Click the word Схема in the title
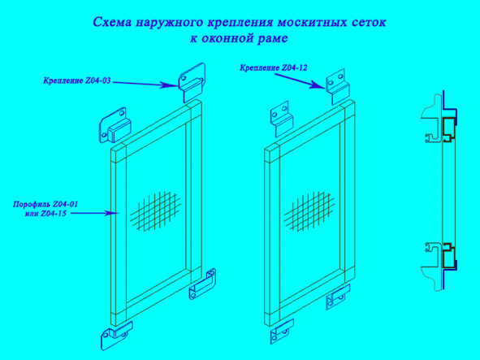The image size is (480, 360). click(x=112, y=23)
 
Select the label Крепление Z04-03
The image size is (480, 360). click(x=77, y=81)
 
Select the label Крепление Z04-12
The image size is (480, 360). click(x=274, y=67)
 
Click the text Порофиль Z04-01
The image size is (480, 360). click(x=45, y=204)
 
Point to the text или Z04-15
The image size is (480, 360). click(x=45, y=214)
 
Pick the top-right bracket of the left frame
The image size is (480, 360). click(x=192, y=83)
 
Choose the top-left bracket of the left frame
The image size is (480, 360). click(x=115, y=125)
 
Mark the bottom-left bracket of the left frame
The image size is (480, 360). click(x=117, y=335)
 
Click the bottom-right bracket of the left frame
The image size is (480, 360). click(x=202, y=284)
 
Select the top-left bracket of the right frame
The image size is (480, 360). click(x=282, y=119)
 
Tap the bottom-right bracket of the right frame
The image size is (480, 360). click(x=338, y=297)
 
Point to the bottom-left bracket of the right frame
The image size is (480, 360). click(x=282, y=332)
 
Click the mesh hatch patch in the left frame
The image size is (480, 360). click(x=155, y=211)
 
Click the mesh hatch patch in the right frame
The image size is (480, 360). click(x=309, y=211)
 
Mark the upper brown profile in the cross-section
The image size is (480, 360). click(x=448, y=129)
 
